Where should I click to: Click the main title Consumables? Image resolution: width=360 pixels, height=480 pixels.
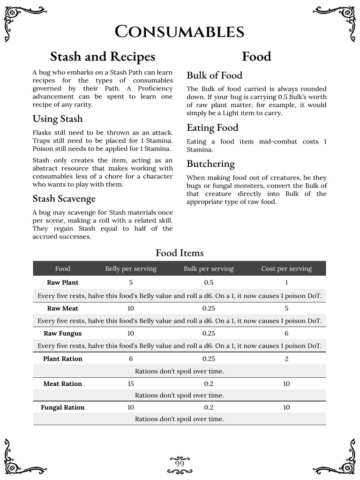pos(180,32)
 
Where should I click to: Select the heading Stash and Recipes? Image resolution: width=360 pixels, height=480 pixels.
pos(102,57)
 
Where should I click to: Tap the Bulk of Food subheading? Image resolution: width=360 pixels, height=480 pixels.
pos(214,75)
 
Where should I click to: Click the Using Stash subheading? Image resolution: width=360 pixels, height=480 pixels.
pos(57,118)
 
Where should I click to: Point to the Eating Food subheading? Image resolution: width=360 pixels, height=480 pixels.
pos(212,127)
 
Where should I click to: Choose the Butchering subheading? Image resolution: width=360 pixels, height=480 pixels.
pos(210,164)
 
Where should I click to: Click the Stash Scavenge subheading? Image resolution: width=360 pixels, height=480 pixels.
pos(64,199)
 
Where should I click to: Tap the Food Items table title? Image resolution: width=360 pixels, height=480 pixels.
pos(180,253)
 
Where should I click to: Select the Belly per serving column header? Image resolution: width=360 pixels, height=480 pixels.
pos(131,269)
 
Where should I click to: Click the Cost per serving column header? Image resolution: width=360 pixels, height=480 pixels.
pos(286,269)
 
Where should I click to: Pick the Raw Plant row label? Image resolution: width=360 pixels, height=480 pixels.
pos(63,283)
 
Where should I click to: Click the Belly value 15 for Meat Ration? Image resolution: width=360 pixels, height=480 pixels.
pos(131,384)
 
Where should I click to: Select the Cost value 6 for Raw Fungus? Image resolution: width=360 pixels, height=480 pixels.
pos(286,333)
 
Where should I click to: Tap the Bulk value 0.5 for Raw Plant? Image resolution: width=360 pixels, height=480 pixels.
pos(209,283)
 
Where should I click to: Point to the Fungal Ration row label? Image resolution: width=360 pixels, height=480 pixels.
pos(63,407)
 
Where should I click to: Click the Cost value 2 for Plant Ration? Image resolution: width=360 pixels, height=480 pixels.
pos(286,359)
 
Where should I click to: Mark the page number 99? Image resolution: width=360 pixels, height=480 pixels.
pos(180,464)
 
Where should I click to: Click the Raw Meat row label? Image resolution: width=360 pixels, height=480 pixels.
pos(63,308)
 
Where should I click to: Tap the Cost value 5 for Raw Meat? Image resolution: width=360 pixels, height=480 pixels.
pos(286,308)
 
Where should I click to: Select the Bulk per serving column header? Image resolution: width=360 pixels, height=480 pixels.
pos(209,269)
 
